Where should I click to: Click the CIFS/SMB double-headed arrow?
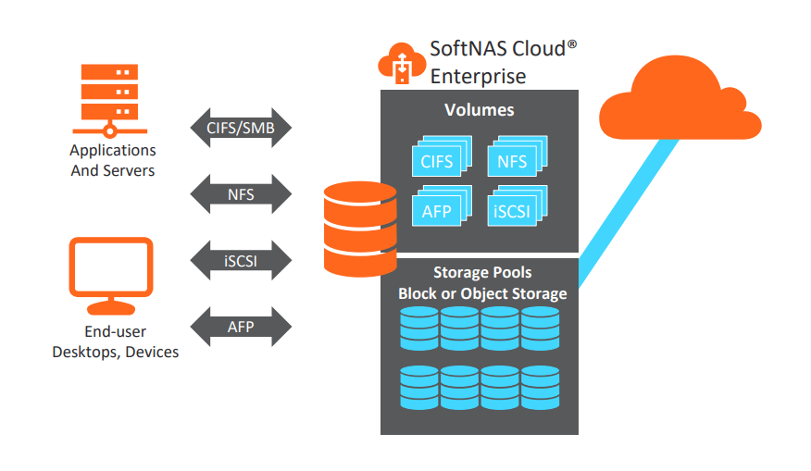(x=241, y=128)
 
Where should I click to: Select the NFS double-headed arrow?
(x=241, y=194)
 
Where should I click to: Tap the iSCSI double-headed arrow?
(x=241, y=260)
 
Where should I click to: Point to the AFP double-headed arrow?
(x=241, y=327)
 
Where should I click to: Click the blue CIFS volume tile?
(x=439, y=160)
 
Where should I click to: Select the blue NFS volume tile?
(x=514, y=160)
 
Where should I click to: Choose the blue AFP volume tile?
(x=439, y=209)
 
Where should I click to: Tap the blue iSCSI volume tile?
(x=514, y=209)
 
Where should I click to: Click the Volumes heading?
(x=479, y=110)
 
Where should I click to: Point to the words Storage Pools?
(x=480, y=273)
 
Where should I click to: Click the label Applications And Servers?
(x=113, y=160)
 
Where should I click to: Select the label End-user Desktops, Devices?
(x=116, y=341)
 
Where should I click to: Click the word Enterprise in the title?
(x=478, y=76)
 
